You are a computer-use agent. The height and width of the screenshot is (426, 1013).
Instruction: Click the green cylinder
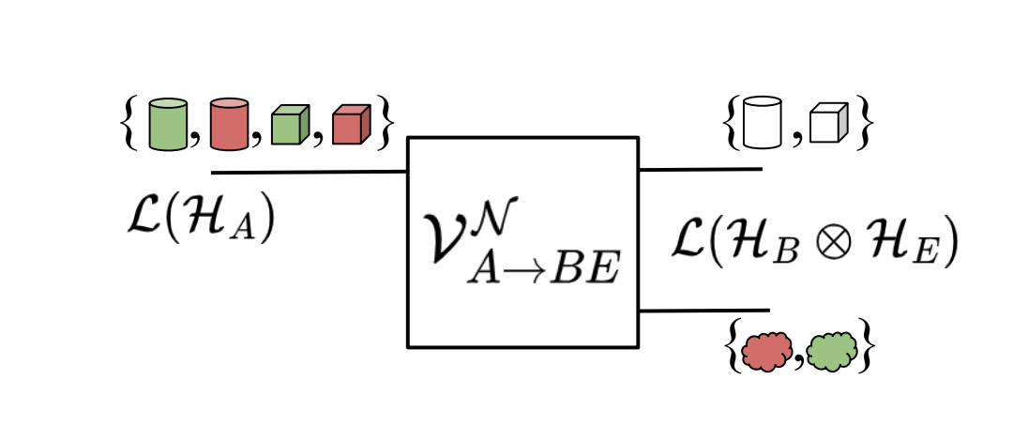point(169,124)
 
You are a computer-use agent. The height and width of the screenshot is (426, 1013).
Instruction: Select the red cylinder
point(229,124)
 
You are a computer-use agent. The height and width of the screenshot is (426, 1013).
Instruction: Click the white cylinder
point(762,123)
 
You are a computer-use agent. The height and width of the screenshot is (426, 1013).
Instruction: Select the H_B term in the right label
point(810,244)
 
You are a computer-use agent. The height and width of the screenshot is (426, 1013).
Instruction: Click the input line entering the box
point(310,173)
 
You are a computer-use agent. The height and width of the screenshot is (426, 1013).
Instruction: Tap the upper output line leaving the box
point(700,170)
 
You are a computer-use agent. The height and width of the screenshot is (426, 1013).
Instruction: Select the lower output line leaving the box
point(703,311)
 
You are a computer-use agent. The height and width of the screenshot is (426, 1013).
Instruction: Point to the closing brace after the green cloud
point(869,350)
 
